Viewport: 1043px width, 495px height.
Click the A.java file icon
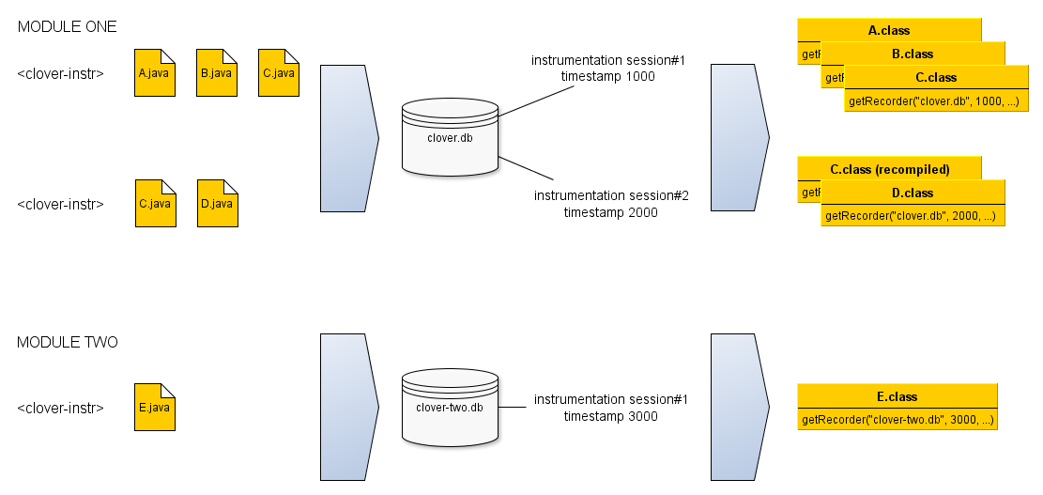(x=154, y=73)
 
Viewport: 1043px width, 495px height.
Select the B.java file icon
(x=216, y=73)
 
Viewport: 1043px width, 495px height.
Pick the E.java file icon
(x=154, y=408)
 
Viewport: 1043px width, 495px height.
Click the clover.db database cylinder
(x=451, y=137)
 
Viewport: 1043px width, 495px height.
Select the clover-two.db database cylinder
(x=450, y=408)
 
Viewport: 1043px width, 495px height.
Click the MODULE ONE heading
(x=68, y=27)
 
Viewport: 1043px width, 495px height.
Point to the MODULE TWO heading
(x=68, y=343)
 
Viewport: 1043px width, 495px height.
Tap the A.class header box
(x=889, y=31)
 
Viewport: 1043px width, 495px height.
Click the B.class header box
(x=913, y=54)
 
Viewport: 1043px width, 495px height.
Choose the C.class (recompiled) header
(x=889, y=170)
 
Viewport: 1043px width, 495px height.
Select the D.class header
(x=913, y=193)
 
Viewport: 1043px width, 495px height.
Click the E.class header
(x=897, y=396)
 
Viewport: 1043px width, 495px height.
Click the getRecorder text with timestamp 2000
(x=910, y=217)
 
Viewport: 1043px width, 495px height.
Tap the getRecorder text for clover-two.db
(x=897, y=420)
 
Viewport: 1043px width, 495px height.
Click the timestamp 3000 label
(x=611, y=417)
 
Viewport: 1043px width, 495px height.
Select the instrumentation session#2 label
(x=611, y=195)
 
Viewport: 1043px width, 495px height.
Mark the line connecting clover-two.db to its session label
(x=512, y=408)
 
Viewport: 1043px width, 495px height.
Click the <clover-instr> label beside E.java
(x=60, y=409)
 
